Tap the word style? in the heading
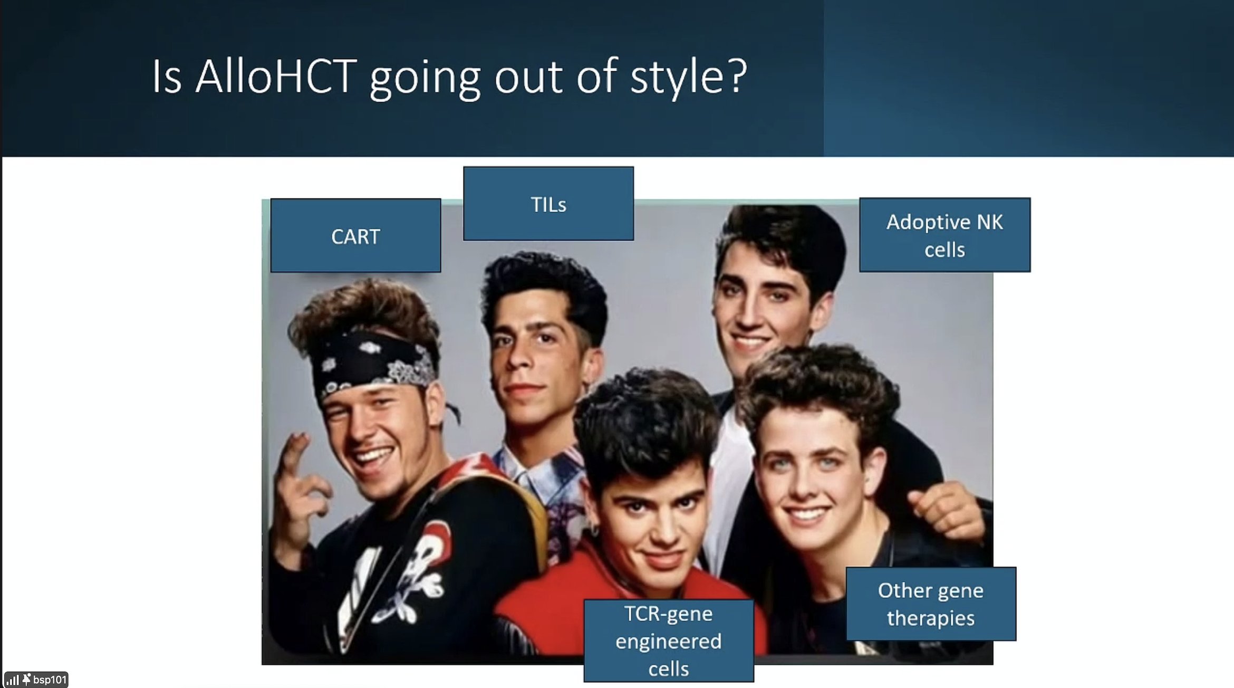tap(689, 79)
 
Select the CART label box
tap(356, 235)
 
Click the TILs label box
tap(548, 204)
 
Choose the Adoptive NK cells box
tap(945, 235)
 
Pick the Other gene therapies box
tap(931, 604)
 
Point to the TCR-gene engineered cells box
tap(669, 641)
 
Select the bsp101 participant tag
tap(36, 680)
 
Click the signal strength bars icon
tap(13, 680)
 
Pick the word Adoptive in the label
tap(928, 223)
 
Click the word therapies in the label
tap(931, 618)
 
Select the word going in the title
tap(425, 79)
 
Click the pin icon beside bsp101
tap(26, 680)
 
